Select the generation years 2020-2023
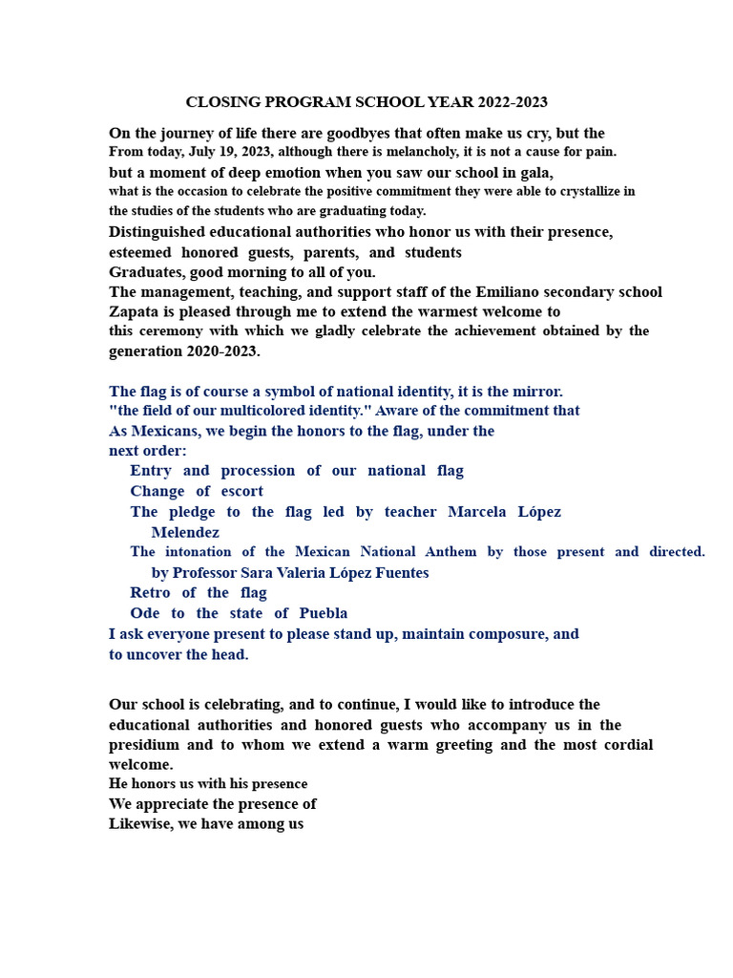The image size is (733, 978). (219, 351)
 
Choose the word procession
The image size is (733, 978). (258, 471)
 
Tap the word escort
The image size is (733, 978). (242, 492)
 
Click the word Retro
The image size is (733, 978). (150, 593)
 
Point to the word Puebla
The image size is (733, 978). (323, 613)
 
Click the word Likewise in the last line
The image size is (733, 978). (138, 823)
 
